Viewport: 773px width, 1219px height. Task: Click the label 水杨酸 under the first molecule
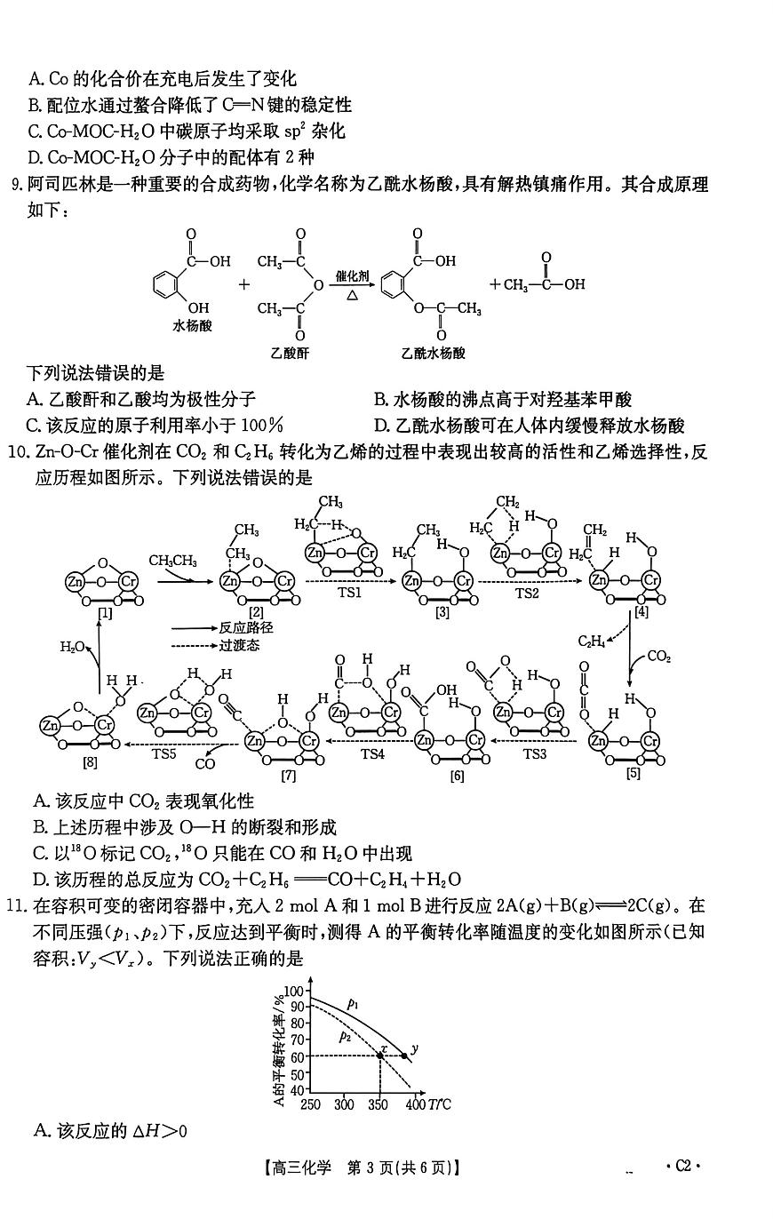192,326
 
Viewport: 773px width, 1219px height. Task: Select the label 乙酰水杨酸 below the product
433,353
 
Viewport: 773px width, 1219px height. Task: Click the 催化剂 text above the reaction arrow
352,276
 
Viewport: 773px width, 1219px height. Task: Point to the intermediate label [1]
106,613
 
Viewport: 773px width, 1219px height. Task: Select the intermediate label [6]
457,776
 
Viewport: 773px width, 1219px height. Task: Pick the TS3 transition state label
534,754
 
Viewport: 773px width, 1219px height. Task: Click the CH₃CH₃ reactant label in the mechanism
173,561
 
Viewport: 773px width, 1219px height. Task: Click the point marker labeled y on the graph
405,1056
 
